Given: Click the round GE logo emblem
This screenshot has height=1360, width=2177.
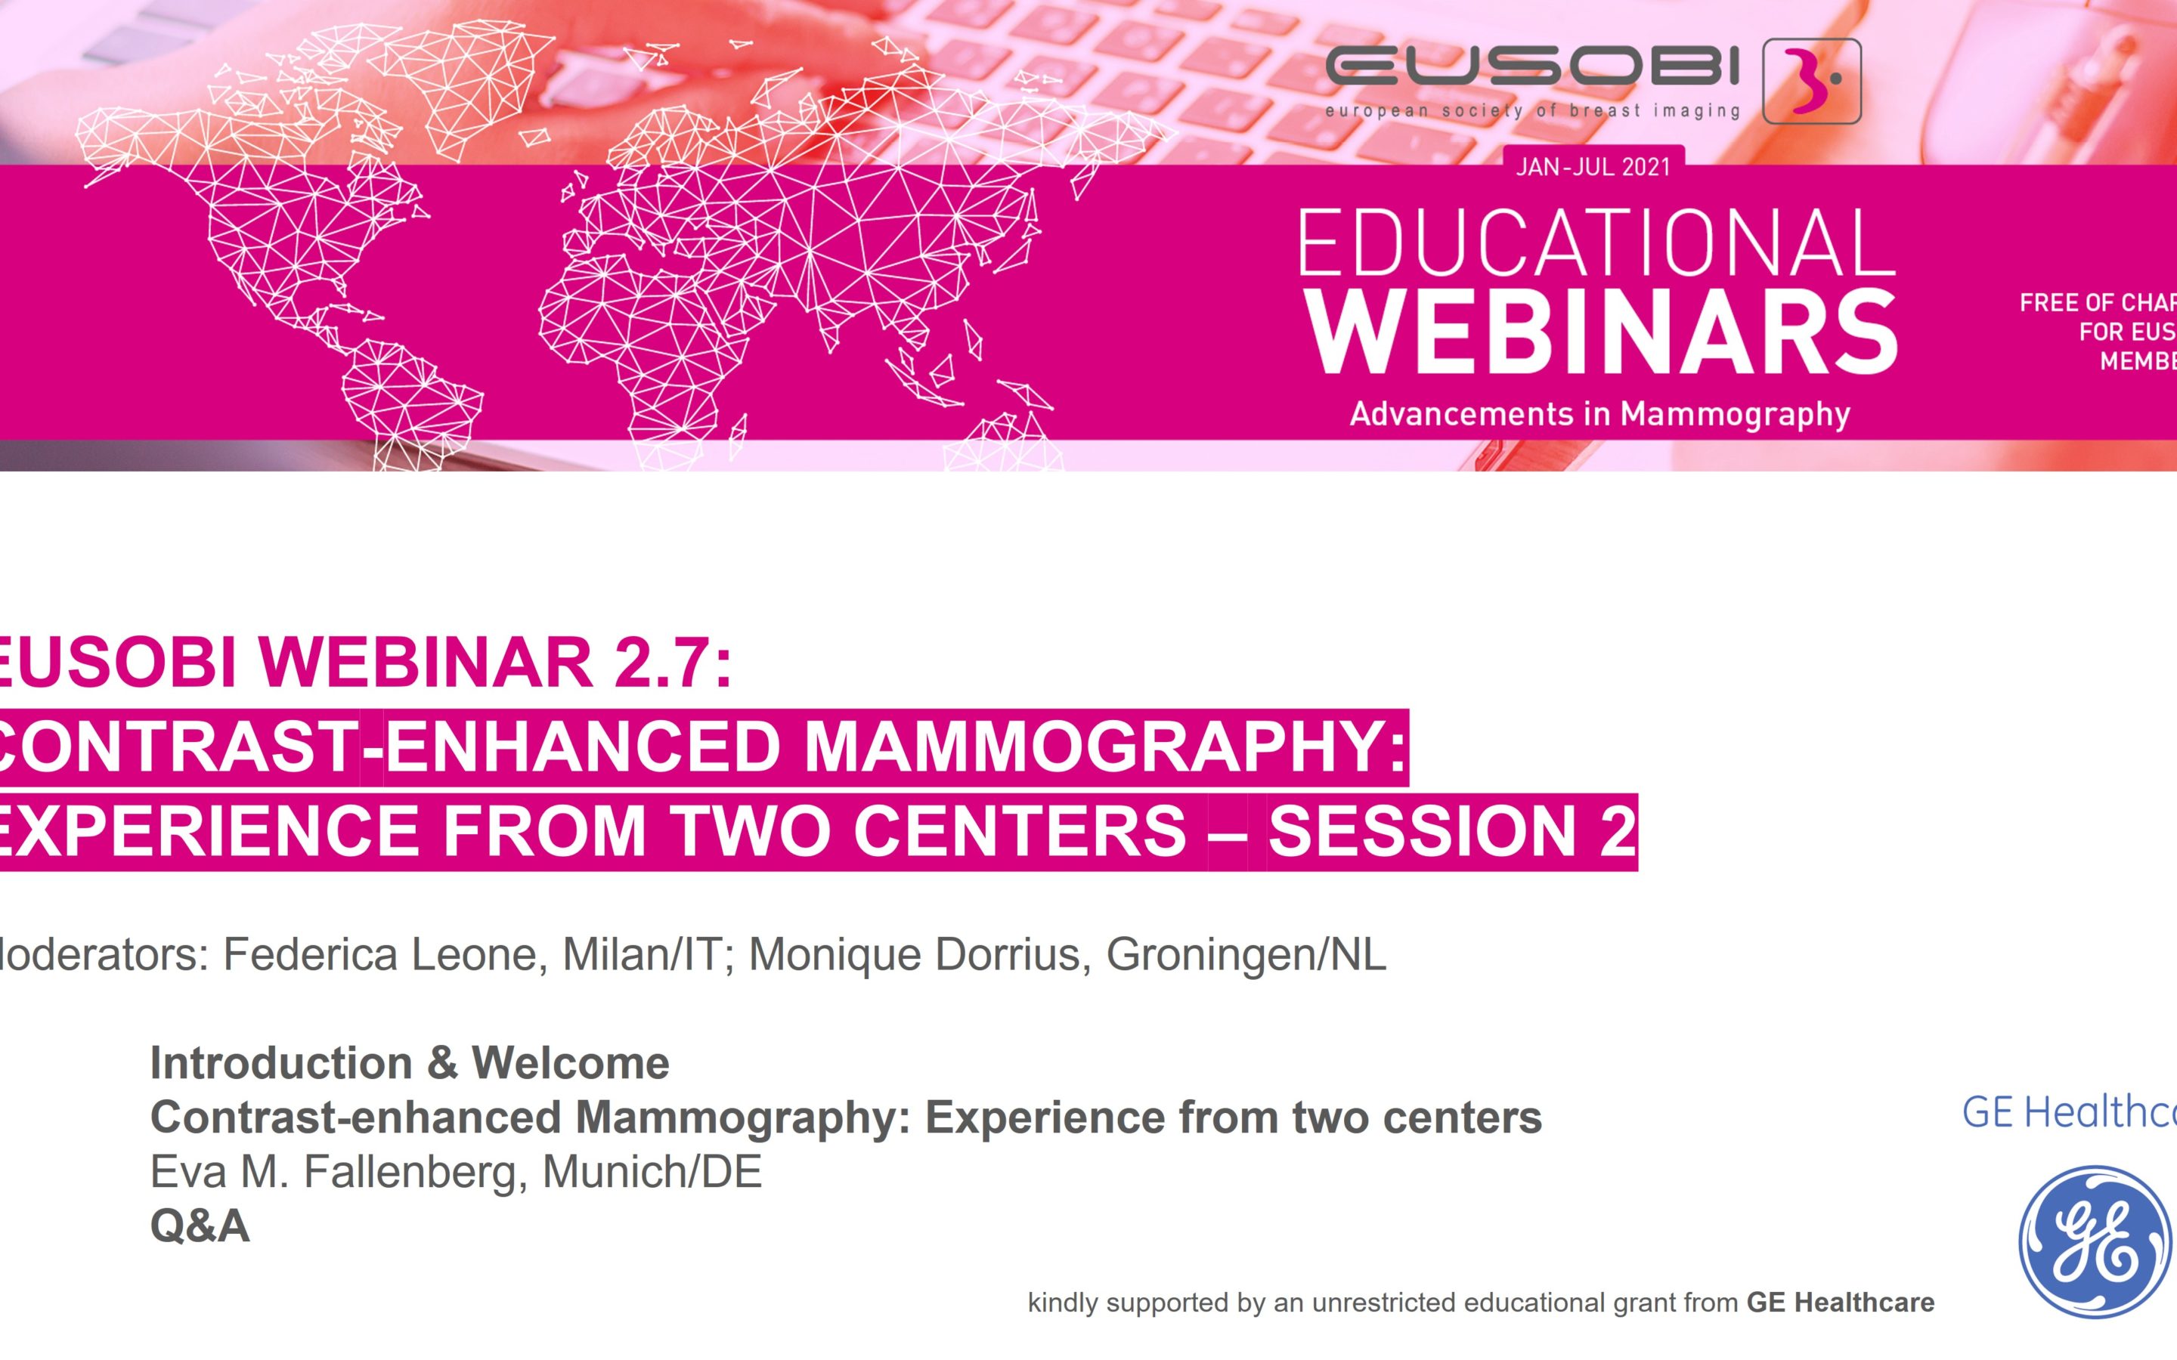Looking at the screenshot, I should point(2095,1241).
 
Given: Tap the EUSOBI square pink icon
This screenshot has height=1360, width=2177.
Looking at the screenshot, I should point(1811,81).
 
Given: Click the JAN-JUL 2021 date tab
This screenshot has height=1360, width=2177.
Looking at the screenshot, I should point(1593,167).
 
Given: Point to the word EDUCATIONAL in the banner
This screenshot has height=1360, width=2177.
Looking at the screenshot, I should point(1596,243).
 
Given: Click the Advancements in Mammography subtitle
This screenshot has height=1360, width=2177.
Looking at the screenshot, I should point(1599,414).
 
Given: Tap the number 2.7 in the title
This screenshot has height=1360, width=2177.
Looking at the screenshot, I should point(663,662).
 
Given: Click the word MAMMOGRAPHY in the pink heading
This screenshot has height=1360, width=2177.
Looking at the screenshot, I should point(1104,746).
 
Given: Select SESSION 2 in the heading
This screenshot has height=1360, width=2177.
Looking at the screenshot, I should point(1452,831).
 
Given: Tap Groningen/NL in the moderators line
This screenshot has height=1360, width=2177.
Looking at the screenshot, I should point(1246,954).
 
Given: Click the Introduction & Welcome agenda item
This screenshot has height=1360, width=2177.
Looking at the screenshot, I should point(409,1063).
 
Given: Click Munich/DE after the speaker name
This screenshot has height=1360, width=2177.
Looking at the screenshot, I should point(652,1172).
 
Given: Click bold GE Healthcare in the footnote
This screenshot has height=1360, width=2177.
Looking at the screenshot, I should point(1840,1303).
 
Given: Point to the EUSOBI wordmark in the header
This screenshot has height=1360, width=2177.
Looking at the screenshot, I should point(1532,68).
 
